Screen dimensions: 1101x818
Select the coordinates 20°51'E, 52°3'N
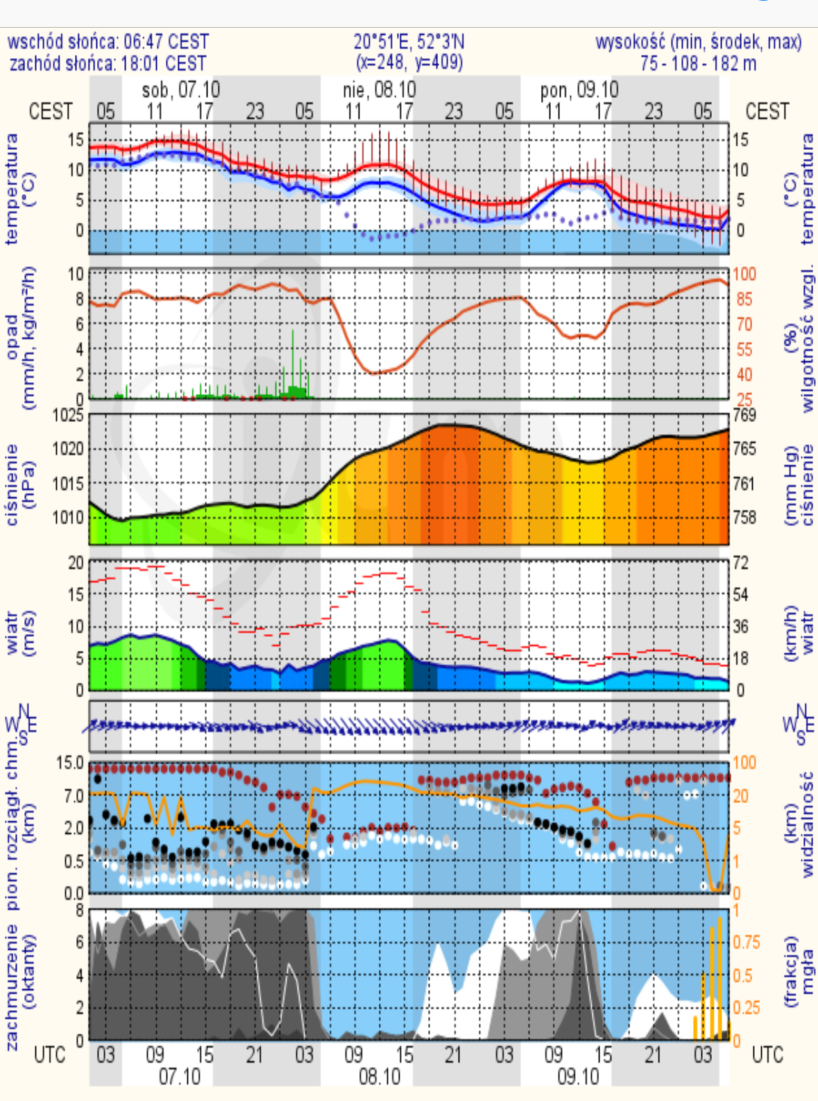pyautogui.click(x=409, y=42)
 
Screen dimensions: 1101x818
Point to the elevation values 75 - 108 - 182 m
pyautogui.click(x=698, y=64)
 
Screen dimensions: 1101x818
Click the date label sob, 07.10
pyautogui.click(x=180, y=90)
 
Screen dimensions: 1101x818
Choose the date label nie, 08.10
pyautogui.click(x=380, y=90)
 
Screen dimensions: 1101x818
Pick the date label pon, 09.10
pyautogui.click(x=579, y=90)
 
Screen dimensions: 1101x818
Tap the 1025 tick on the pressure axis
pyautogui.click(x=68, y=416)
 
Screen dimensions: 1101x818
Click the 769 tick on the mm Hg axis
pyautogui.click(x=744, y=416)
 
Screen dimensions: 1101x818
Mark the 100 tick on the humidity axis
pyautogui.click(x=744, y=274)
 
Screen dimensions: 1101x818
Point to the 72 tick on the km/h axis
pyautogui.click(x=741, y=563)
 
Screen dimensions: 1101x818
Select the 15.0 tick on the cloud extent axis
pyautogui.click(x=69, y=763)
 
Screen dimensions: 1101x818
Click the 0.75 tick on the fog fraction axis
pyautogui.click(x=747, y=942)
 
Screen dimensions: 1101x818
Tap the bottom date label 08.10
pyautogui.click(x=379, y=1077)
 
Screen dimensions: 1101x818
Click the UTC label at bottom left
pyautogui.click(x=50, y=1055)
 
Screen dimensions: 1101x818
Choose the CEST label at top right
pyautogui.click(x=767, y=112)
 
